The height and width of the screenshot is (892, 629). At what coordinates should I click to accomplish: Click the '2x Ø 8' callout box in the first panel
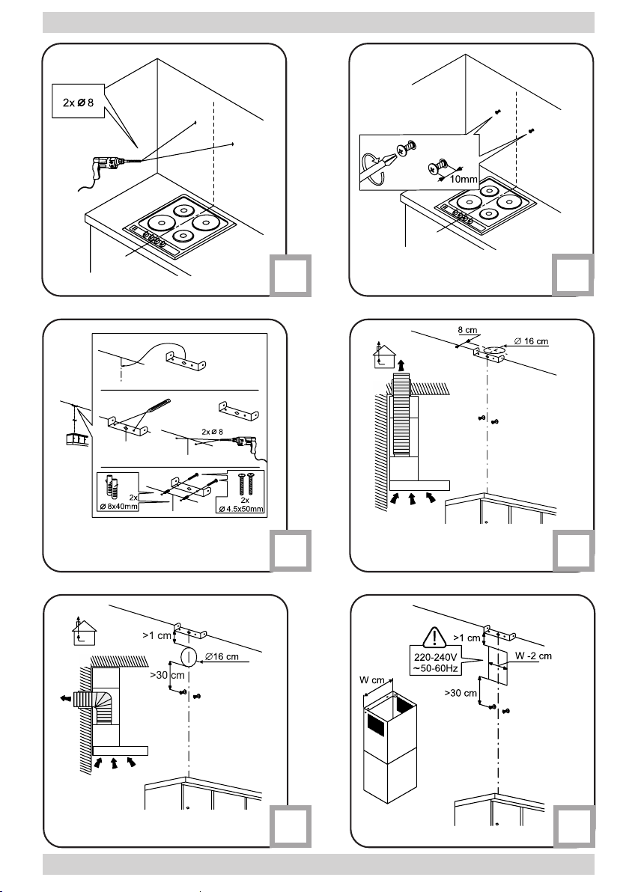pyautogui.click(x=79, y=101)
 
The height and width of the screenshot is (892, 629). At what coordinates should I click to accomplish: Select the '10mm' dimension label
pyautogui.click(x=464, y=179)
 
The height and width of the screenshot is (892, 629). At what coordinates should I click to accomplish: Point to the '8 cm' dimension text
pyautogui.click(x=467, y=330)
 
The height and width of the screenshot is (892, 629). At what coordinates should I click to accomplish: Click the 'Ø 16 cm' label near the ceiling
pyautogui.click(x=531, y=341)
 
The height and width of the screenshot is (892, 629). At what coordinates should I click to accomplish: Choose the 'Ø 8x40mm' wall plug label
pyautogui.click(x=119, y=507)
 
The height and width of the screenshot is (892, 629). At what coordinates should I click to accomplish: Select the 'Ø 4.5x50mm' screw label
pyautogui.click(x=241, y=509)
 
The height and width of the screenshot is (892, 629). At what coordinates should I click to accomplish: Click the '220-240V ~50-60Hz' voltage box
pyautogui.click(x=436, y=663)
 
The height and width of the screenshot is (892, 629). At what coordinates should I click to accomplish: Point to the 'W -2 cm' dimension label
pyautogui.click(x=533, y=656)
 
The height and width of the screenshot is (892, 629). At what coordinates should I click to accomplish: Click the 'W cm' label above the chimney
pyautogui.click(x=372, y=679)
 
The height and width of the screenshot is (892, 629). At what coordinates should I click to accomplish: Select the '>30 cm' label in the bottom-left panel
pyautogui.click(x=167, y=675)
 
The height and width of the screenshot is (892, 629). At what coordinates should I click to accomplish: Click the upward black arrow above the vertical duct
pyautogui.click(x=403, y=364)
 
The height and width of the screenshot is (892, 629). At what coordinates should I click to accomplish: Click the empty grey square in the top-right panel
pyautogui.click(x=573, y=275)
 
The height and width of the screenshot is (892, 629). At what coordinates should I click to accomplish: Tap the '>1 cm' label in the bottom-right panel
pyautogui.click(x=467, y=638)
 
